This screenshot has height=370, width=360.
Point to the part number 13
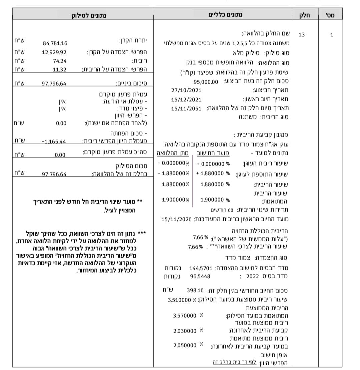click(x=302, y=34)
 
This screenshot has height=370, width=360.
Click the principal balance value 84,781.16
click(x=55, y=43)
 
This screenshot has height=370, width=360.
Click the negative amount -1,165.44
click(x=54, y=141)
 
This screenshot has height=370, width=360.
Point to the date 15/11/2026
click(x=176, y=219)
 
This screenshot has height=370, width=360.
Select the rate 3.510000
click(x=180, y=300)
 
